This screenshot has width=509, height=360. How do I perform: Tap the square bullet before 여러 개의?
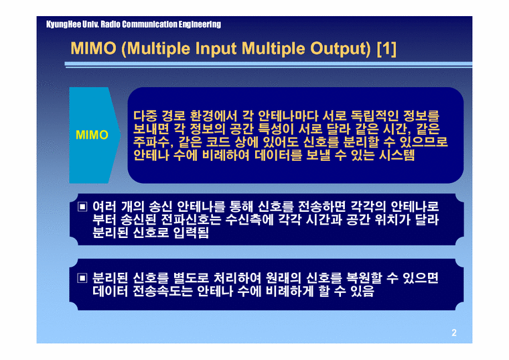coord(82,204)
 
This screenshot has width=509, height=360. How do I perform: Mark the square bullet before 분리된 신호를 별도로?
coord(82,278)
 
